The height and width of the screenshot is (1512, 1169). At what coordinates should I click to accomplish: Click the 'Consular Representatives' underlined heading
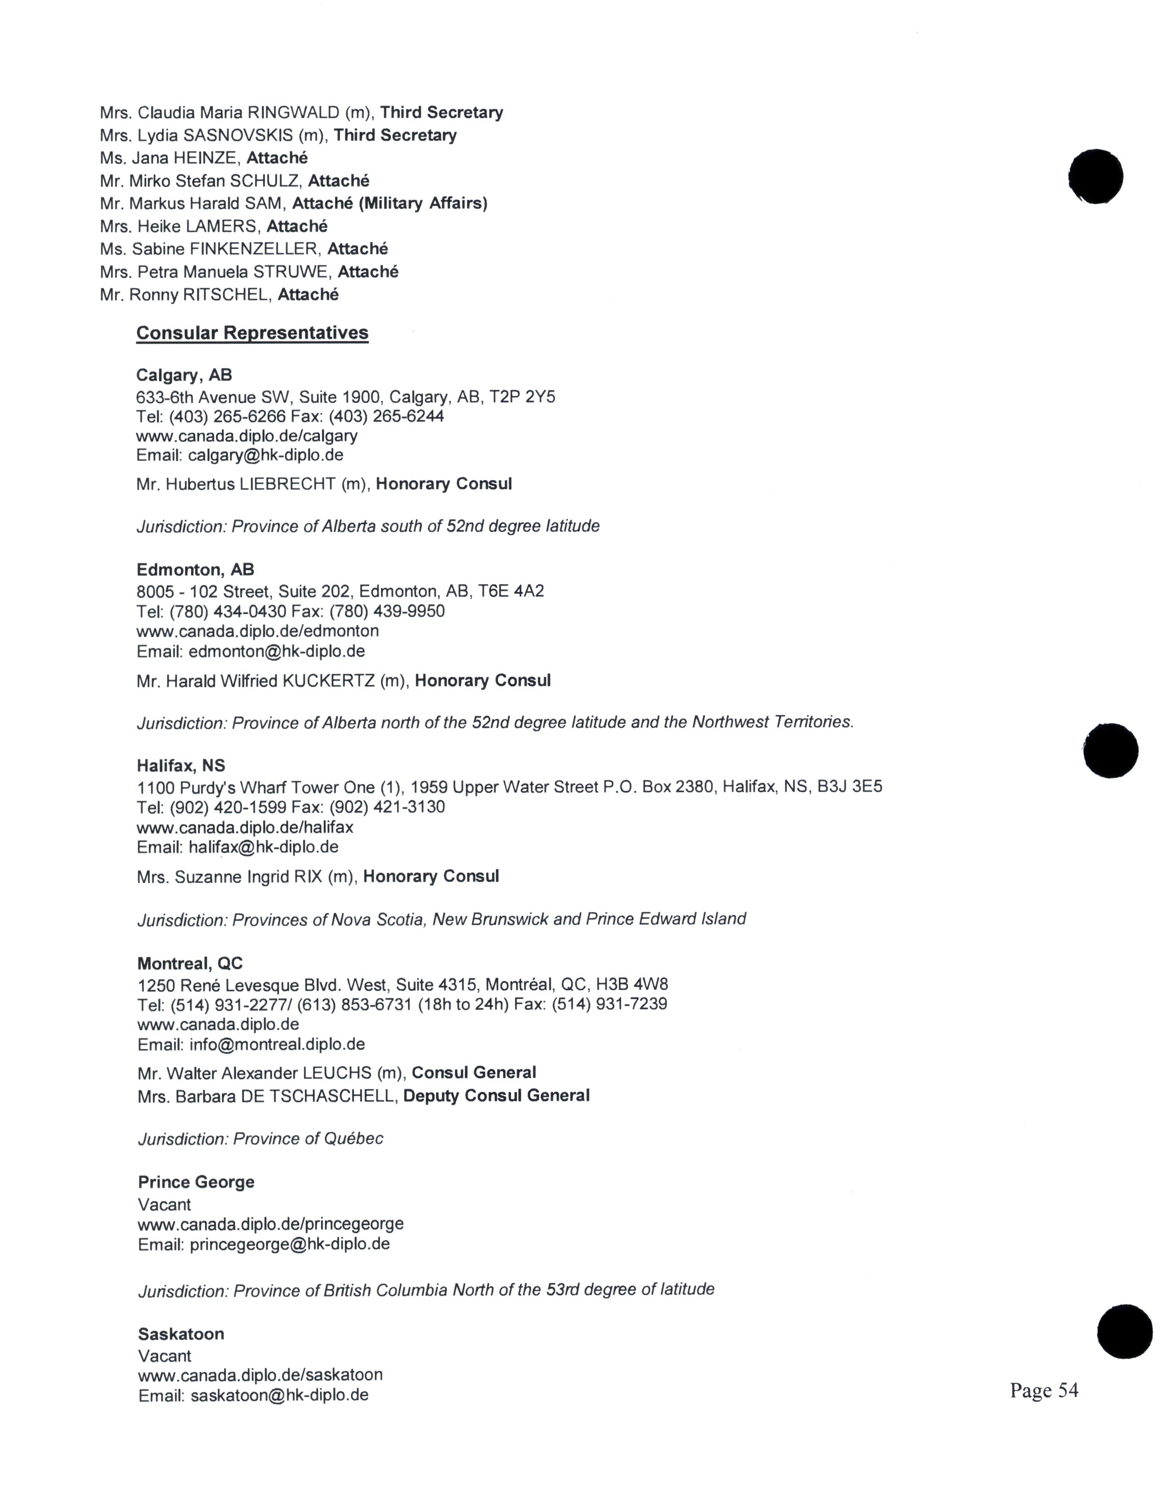click(252, 333)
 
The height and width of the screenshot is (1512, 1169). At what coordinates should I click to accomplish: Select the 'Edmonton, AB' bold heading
click(195, 570)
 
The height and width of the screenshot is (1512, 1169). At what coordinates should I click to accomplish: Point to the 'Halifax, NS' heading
click(181, 766)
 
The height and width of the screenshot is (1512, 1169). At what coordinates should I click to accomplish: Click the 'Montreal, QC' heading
click(190, 963)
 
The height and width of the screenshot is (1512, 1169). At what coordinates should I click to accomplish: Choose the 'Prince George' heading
click(196, 1182)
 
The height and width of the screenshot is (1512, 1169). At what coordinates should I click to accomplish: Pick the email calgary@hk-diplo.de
click(266, 455)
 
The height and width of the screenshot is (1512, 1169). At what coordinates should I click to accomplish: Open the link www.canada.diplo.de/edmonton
click(258, 631)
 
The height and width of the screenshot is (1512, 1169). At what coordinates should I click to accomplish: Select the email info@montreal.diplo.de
click(277, 1044)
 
